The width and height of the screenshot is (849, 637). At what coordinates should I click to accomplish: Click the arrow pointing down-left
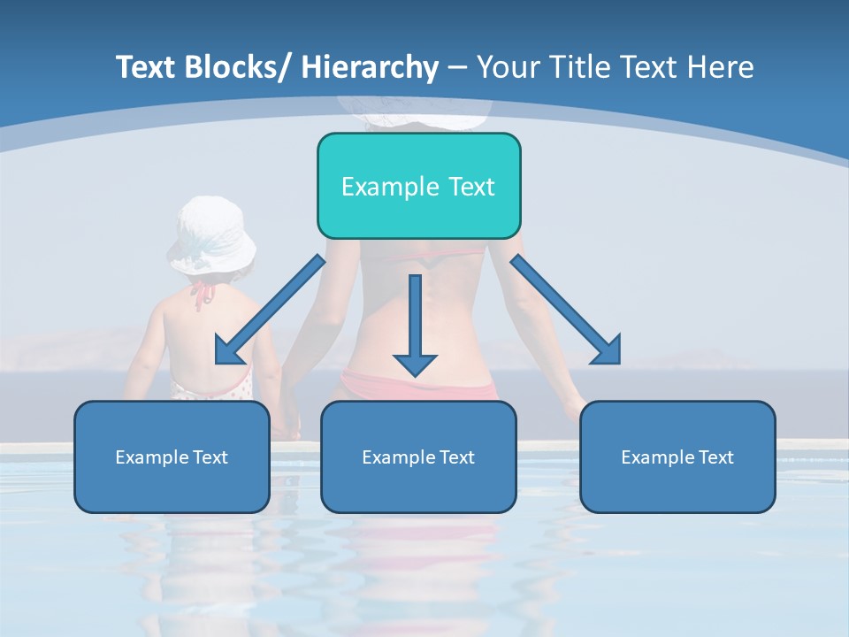[x=265, y=314]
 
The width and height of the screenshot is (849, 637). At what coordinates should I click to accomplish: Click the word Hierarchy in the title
[x=370, y=67]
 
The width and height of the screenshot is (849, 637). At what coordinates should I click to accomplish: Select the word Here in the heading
[x=720, y=67]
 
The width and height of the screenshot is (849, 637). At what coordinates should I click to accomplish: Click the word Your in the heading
[x=507, y=67]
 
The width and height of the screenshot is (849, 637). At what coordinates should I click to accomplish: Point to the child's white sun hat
[x=211, y=234]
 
